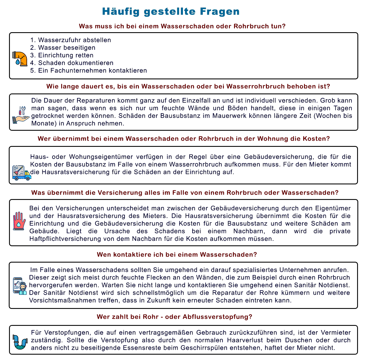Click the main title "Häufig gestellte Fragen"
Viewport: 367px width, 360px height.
171,12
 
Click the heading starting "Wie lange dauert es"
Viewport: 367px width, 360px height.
188,86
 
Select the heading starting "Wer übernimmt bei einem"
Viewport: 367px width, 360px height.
183,139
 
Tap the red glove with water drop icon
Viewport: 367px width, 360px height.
19,221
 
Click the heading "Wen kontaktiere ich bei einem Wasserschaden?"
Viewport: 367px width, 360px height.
177,255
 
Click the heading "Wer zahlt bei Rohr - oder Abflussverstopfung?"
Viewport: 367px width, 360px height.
174,317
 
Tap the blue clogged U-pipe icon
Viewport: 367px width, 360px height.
20,342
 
